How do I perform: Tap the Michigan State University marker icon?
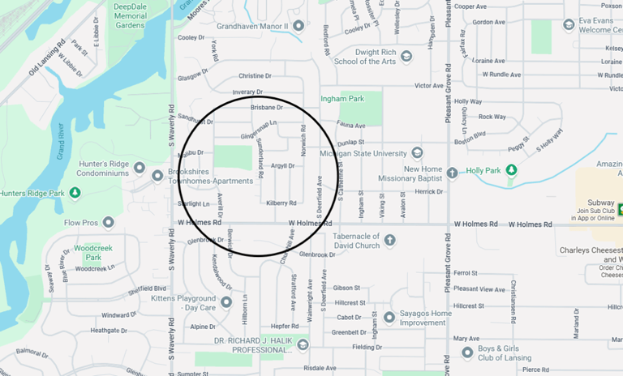417,153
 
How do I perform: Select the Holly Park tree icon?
511,170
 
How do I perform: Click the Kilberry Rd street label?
281,203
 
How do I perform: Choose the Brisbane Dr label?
266,107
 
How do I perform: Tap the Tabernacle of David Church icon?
389,240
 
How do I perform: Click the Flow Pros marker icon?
108,222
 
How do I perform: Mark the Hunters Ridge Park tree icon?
75,193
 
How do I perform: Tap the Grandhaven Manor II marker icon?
299,26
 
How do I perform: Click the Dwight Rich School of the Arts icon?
406,56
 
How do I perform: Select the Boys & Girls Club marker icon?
467,352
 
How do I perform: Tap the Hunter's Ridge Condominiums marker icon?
139,169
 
